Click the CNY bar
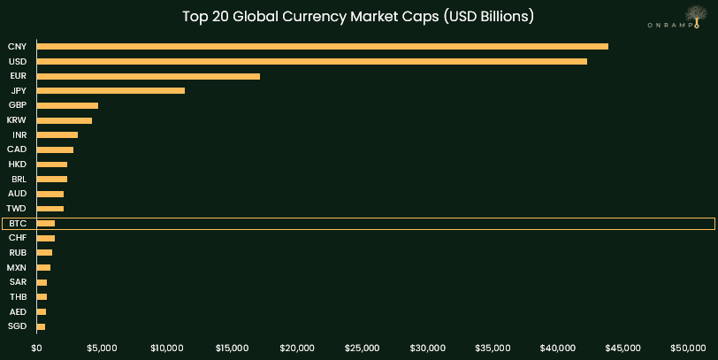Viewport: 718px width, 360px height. (322, 46)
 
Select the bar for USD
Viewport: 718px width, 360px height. (311, 61)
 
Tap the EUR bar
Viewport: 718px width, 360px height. (149, 76)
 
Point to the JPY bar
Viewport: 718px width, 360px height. (111, 90)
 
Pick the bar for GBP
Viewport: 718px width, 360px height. (67, 105)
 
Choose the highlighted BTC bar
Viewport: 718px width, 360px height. (46, 224)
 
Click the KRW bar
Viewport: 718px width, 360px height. (65, 120)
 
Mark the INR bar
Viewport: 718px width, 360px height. (57, 134)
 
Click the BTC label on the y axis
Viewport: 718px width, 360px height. (18, 224)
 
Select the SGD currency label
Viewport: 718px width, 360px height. (17, 326)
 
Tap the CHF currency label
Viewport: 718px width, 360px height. (18, 238)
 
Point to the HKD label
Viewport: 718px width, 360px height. (17, 165)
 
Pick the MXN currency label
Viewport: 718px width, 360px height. (17, 267)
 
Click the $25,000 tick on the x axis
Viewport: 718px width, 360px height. (363, 348)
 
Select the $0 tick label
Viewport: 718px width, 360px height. (37, 348)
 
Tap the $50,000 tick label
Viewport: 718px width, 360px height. (688, 348)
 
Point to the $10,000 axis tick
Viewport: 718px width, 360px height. (167, 348)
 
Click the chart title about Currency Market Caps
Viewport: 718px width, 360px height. (358, 16)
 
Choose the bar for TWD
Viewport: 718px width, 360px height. (50, 209)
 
